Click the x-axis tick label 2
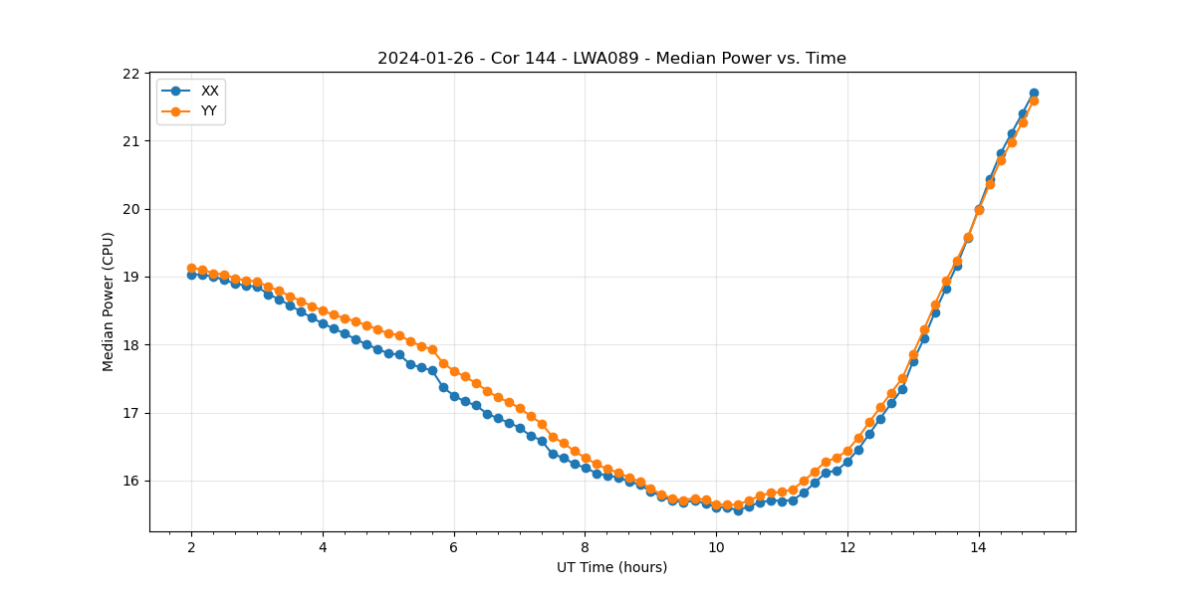pos(191,547)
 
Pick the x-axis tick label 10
pos(716,547)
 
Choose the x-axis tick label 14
pos(979,547)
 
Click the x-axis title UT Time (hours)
pos(611,567)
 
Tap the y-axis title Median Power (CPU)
pos(109,301)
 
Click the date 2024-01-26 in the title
pos(418,59)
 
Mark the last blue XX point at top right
pos(1034,93)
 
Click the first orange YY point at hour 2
pos(191,269)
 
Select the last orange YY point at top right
pos(1034,100)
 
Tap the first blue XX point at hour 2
pos(191,275)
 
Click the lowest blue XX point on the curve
pos(738,510)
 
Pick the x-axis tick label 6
pos(454,547)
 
